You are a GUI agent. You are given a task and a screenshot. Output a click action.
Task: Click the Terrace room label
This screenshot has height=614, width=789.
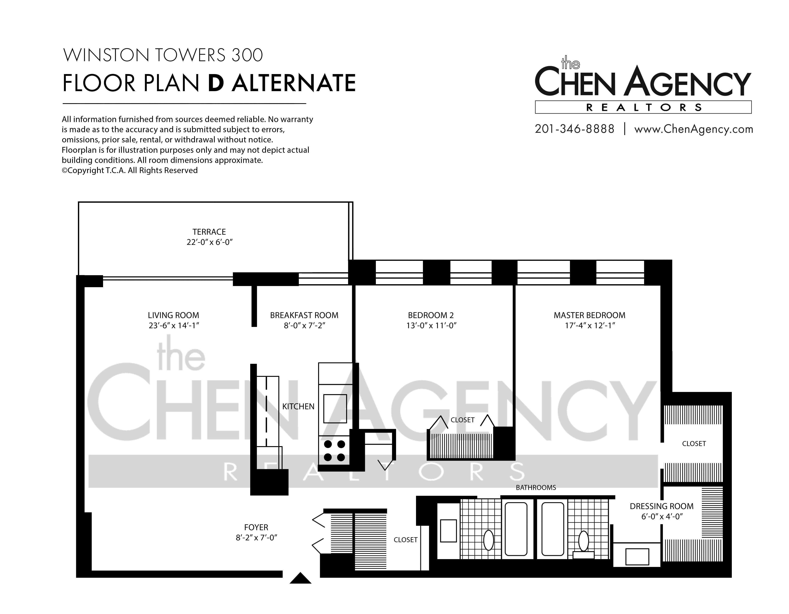[x=209, y=232]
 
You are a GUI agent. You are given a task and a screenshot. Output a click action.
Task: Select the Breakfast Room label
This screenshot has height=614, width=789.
[x=304, y=315]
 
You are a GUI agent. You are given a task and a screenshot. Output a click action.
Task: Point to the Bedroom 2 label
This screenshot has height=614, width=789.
[x=431, y=315]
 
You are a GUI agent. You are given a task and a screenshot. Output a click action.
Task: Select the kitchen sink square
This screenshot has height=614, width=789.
[x=335, y=409]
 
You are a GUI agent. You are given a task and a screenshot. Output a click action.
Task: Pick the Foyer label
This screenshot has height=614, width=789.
[x=256, y=527]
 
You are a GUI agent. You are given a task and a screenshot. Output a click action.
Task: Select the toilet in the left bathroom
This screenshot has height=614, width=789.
[x=489, y=540]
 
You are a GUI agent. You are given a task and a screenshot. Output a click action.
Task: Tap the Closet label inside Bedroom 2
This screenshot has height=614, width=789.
[x=462, y=420]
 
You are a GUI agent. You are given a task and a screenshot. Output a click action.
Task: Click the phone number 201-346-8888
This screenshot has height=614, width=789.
[x=574, y=129]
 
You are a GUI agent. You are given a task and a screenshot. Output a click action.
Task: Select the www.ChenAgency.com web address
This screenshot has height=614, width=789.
[x=694, y=129]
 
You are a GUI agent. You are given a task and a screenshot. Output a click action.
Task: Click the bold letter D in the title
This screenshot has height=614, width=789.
[x=216, y=83]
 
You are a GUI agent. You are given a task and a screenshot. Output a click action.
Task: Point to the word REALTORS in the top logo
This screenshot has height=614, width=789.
[x=643, y=107]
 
